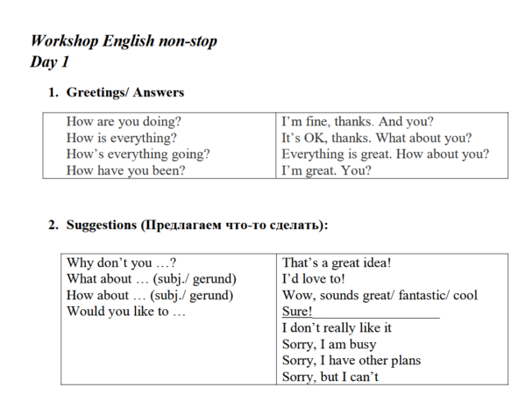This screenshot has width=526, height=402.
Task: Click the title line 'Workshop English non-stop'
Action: point(124,41)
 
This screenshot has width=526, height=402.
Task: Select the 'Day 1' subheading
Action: point(49,62)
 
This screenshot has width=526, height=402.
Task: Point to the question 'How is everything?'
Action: point(121,138)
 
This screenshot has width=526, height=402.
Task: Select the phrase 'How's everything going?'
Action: point(138,154)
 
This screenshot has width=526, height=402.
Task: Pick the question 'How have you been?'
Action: point(125,170)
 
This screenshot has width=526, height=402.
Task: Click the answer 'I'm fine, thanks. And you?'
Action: point(357,122)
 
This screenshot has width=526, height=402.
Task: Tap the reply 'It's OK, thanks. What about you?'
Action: point(376,138)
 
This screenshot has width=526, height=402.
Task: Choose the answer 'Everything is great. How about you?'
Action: point(385,154)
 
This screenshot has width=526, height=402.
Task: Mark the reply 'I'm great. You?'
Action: point(326,170)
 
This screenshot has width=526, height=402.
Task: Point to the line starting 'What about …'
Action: point(152,278)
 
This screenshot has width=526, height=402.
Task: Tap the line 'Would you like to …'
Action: point(126,312)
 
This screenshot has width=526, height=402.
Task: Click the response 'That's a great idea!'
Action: point(337,262)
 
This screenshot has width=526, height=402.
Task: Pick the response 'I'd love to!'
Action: point(314,278)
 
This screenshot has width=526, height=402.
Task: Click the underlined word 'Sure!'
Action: point(297,312)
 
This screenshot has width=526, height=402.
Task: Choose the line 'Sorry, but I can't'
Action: point(331,377)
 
